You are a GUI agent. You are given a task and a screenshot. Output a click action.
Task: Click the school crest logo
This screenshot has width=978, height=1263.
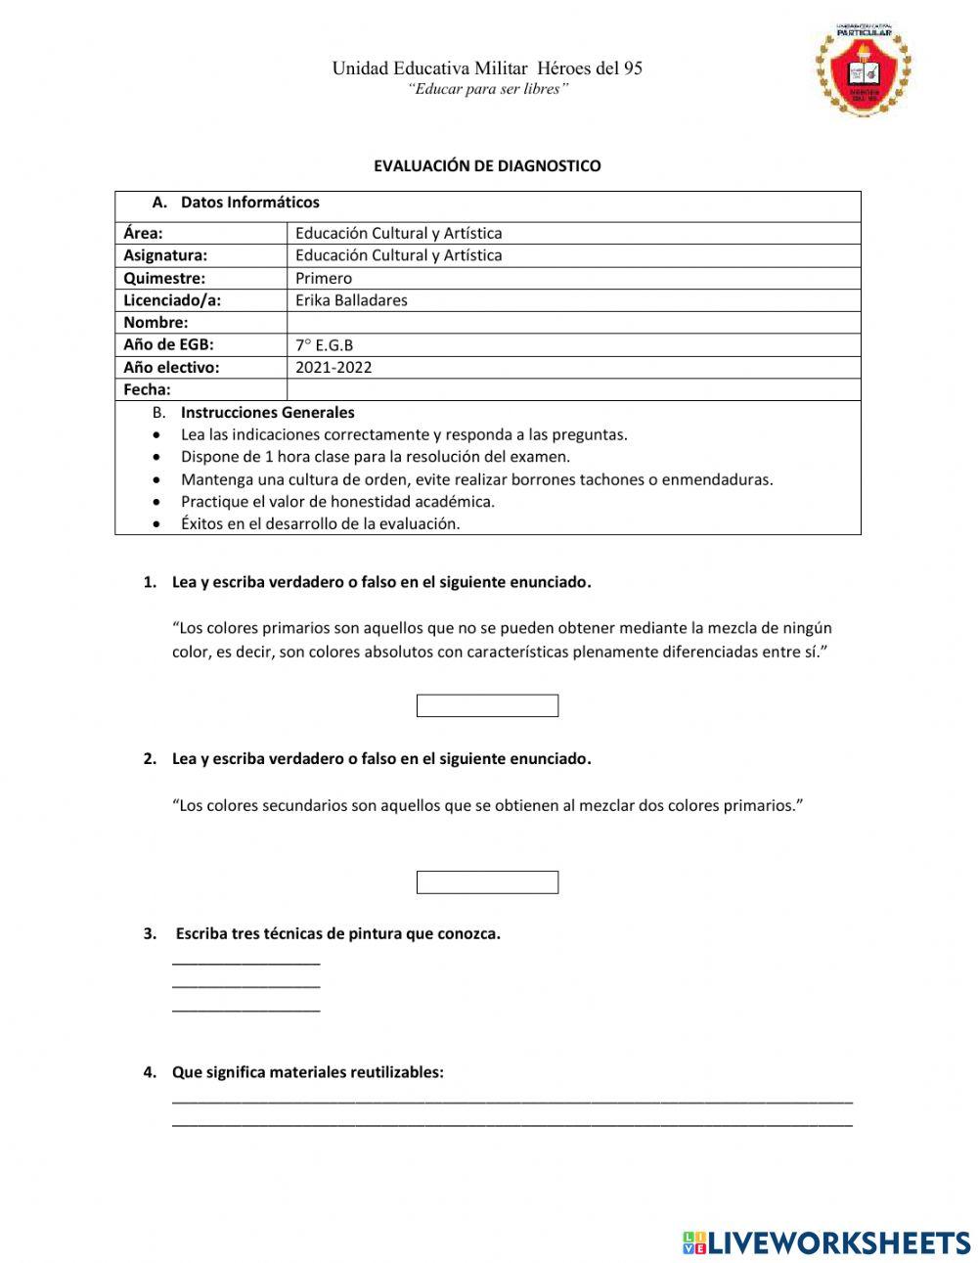863,69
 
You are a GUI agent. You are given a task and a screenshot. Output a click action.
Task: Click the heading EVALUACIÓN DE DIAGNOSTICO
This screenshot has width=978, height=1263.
487,166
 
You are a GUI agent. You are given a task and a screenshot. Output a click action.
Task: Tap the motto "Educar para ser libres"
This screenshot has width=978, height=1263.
487,89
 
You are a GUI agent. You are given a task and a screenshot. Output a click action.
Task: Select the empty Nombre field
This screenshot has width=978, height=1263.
573,322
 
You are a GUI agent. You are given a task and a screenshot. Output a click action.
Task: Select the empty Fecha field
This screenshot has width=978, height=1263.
573,389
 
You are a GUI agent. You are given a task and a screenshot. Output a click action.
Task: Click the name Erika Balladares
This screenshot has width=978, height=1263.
351,300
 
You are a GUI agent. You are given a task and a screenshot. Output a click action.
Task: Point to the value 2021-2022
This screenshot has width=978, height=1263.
333,368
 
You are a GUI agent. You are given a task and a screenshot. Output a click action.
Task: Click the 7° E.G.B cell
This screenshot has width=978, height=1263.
325,345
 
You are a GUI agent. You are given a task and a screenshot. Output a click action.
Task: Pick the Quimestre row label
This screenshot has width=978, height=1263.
164,278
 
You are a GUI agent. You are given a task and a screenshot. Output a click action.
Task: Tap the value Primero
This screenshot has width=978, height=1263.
324,278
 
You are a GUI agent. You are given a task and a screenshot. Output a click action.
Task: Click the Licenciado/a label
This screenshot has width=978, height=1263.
172,300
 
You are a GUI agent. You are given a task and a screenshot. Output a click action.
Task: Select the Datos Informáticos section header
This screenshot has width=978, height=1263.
249,203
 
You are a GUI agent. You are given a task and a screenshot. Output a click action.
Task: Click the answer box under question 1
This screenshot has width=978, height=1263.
487,705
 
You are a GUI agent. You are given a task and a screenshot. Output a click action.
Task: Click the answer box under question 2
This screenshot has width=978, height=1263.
487,882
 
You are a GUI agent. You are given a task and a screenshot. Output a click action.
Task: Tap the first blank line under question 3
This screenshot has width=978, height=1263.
245,963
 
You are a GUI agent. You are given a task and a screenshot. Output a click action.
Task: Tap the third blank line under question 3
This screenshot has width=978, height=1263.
245,1009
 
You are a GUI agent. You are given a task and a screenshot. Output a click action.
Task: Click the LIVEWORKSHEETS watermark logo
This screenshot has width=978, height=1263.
826,1242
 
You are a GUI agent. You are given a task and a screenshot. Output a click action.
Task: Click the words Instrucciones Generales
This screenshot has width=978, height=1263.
267,413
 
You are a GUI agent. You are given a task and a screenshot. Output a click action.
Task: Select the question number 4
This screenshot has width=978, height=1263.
150,1072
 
